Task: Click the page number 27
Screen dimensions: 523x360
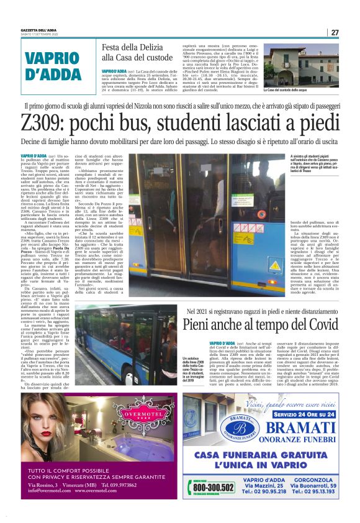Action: coord(335,32)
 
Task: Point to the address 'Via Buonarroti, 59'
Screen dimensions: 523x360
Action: coord(316,484)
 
